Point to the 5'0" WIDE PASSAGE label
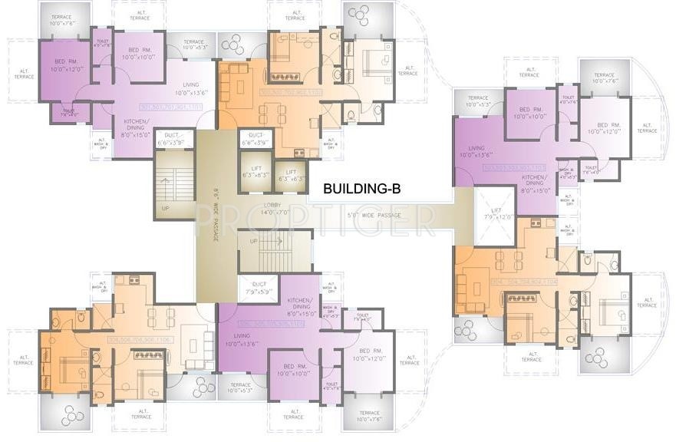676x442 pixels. pos(374,216)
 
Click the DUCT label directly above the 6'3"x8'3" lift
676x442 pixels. pos(253,140)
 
